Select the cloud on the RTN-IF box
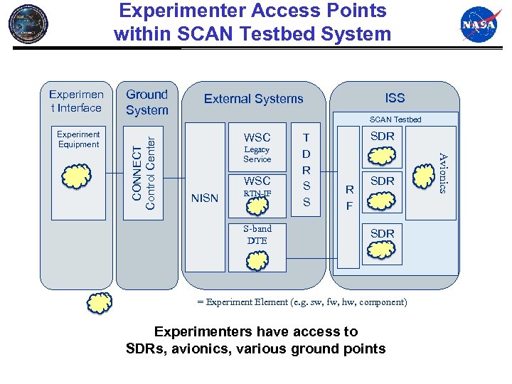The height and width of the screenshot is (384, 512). [257, 205]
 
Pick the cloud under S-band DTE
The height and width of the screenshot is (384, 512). [257, 260]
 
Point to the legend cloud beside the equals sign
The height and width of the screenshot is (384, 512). [99, 302]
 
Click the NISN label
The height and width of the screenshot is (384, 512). [205, 198]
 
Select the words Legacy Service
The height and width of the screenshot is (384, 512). [257, 154]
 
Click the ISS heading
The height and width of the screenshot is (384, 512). [395, 98]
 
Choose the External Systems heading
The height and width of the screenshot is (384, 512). [254, 99]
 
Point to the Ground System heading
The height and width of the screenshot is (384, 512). [147, 102]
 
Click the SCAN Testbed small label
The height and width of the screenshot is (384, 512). [395, 119]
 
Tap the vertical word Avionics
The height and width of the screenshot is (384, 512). [442, 173]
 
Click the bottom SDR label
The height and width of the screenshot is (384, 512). [382, 233]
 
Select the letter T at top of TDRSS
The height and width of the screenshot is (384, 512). [306, 138]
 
